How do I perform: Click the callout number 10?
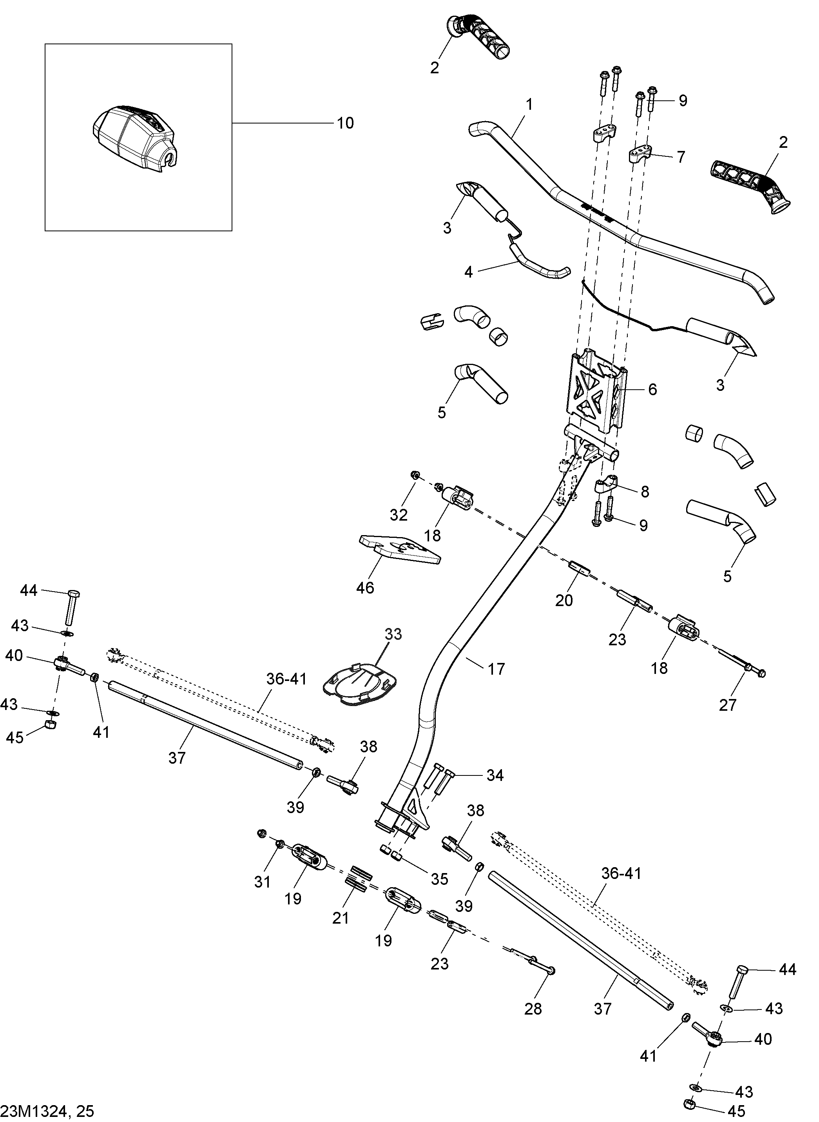345,123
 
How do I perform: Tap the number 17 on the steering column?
496,669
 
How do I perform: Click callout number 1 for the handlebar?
529,105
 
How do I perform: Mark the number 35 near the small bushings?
439,879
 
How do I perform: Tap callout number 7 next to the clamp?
681,158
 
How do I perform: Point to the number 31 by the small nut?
262,881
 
